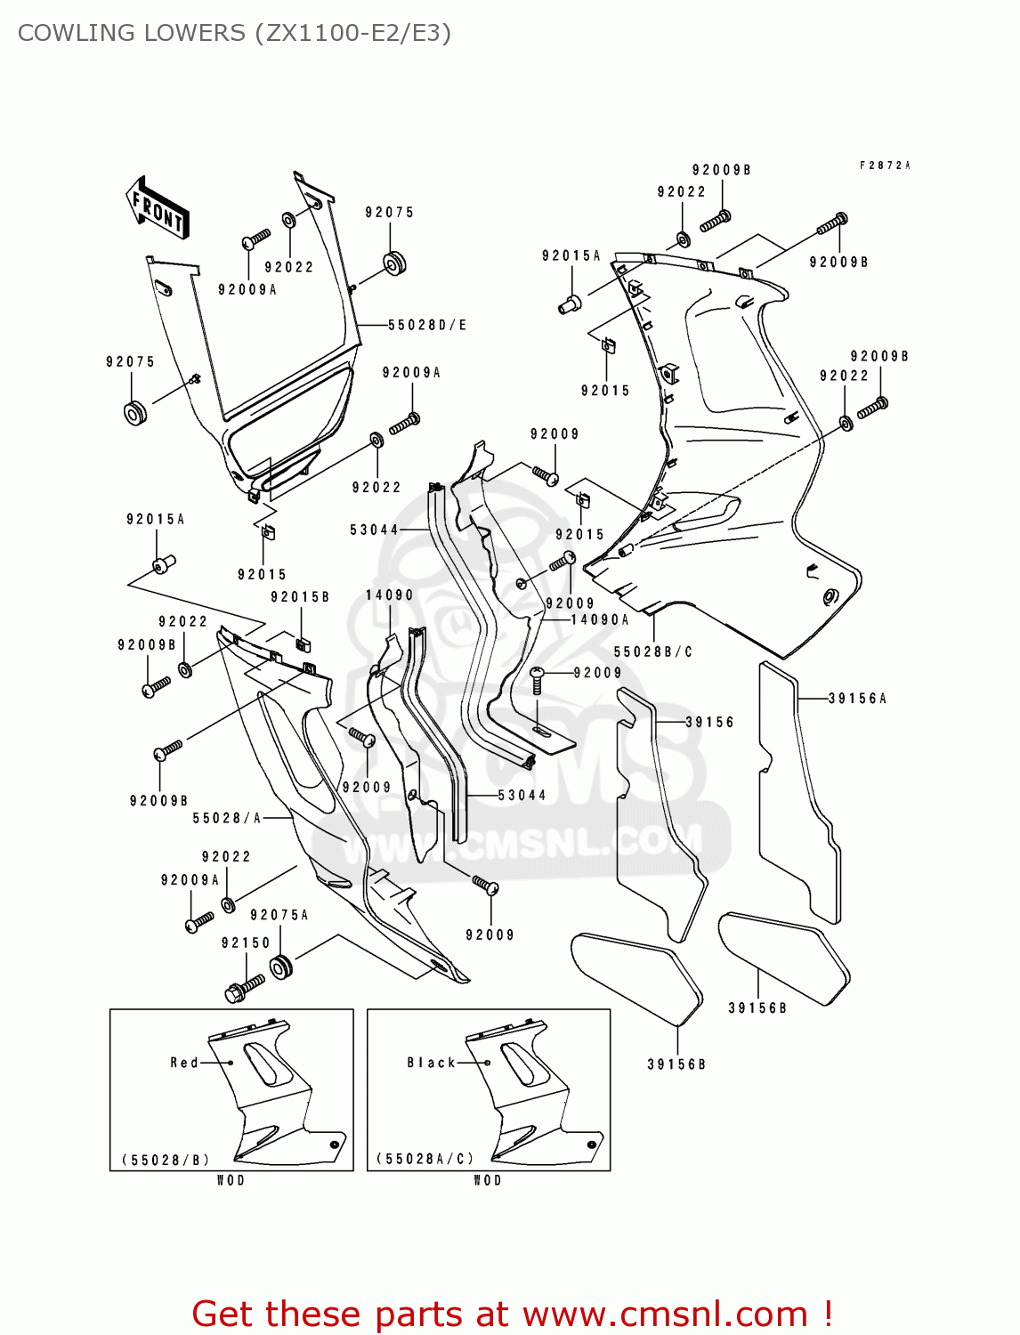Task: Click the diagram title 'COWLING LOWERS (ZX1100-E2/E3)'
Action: coord(234,33)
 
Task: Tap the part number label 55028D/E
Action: coord(427,326)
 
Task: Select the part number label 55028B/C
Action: coord(652,652)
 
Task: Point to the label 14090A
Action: coord(600,620)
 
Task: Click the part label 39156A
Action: coord(857,699)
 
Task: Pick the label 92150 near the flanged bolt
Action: coord(246,943)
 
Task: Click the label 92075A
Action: coord(279,916)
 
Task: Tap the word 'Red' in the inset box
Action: coord(184,1063)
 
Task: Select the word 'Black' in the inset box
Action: coord(431,1063)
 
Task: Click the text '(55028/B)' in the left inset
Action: coord(166,1160)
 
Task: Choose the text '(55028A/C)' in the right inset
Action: coord(425,1160)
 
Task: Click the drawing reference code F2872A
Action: coord(885,166)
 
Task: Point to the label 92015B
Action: coord(300,597)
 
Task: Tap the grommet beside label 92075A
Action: coord(281,967)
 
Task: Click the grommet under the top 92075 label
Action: coord(393,263)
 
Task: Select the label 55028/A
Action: coord(227,818)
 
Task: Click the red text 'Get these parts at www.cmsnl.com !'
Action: coord(512,1314)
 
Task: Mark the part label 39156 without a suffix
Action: coord(709,723)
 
